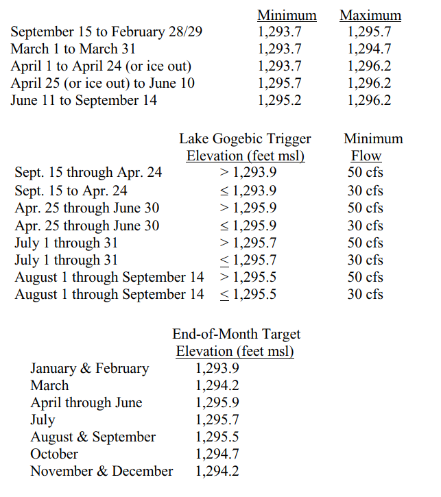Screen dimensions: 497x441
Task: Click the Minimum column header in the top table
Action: [287, 15]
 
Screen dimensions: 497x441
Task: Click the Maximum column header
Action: [370, 15]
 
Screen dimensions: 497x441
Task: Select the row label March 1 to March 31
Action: [73, 49]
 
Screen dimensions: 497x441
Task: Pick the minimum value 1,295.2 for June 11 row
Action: [279, 101]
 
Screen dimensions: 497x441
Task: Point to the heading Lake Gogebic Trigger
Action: [245, 139]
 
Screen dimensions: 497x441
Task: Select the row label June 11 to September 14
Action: [84, 101]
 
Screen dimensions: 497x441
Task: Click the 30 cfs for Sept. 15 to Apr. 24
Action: [365, 191]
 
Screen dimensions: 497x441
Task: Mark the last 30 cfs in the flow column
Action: [365, 294]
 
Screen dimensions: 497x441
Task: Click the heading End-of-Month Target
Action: [236, 335]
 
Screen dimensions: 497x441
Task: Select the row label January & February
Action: [89, 369]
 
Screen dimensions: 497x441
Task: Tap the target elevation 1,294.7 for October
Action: [217, 454]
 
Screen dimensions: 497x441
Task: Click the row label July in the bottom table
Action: [43, 420]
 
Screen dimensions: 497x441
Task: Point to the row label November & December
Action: [102, 472]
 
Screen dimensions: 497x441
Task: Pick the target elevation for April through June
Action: [217, 403]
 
